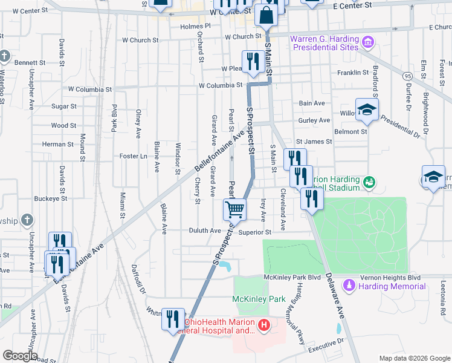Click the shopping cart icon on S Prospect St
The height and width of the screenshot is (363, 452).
[x=234, y=209]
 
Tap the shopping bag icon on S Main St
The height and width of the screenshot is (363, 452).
[x=266, y=15]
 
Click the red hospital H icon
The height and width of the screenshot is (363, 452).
[x=263, y=326]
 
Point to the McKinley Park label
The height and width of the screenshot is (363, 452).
[x=259, y=299]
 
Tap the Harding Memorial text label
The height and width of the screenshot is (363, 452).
[x=384, y=286]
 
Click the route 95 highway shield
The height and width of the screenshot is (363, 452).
[x=409, y=76]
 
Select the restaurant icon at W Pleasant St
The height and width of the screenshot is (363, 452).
[x=251, y=61]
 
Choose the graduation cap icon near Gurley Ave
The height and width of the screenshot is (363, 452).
[x=366, y=110]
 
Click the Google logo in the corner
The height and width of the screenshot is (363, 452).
[x=20, y=356]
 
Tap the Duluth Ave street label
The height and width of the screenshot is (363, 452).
[x=207, y=231]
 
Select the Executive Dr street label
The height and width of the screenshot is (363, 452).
[x=325, y=349]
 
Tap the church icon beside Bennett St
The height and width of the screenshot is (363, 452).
[x=5, y=57]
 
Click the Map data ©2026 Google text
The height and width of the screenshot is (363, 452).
[x=414, y=358]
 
